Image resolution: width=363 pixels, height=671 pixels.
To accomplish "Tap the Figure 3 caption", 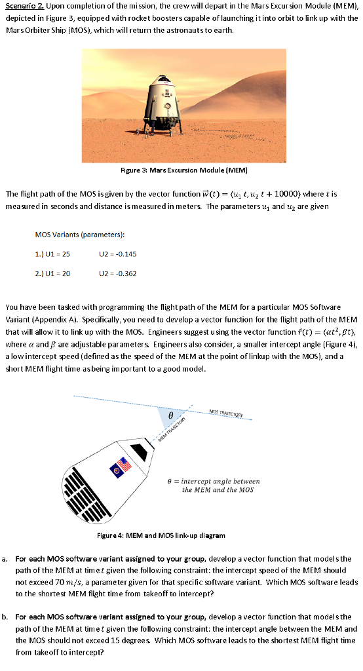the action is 184,170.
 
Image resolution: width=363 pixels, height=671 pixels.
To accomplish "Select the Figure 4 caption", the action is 161,535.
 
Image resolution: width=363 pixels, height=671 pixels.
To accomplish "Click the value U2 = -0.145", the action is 118,254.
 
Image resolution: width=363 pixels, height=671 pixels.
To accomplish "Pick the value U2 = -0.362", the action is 118,273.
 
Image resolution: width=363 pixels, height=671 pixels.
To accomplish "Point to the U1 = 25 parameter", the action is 52,254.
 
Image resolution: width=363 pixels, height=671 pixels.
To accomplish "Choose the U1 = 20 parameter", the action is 52,273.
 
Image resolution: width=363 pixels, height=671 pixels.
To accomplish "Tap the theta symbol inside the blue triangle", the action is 170,415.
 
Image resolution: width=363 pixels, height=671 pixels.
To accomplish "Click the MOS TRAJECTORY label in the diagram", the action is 226,414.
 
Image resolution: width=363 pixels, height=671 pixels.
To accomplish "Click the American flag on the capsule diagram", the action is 121,466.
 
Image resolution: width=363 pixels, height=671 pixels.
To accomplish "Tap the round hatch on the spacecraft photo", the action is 168,105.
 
